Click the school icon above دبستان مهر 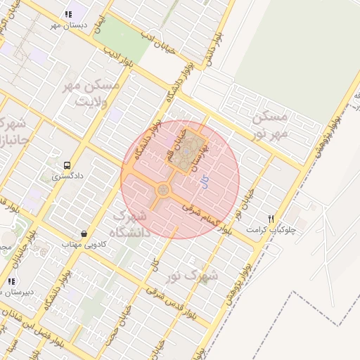(68, 14)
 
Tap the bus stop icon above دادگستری (67, 166)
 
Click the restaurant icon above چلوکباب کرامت (271, 219)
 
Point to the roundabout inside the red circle (163, 190)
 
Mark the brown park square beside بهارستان (181, 157)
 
